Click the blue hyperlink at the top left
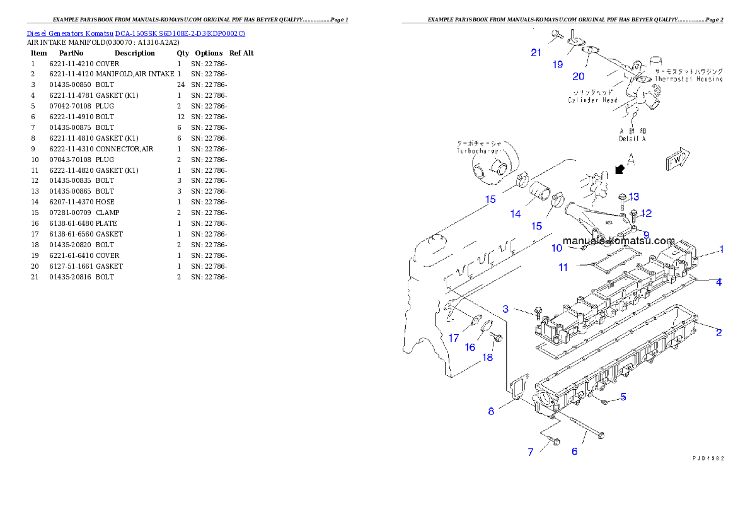[136, 33]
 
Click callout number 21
[536, 53]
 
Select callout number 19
[558, 64]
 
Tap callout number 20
[578, 77]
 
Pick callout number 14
[516, 214]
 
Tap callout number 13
[633, 197]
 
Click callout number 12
[646, 214]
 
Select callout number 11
[563, 267]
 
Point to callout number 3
[505, 309]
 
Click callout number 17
[454, 338]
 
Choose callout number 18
[488, 358]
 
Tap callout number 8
[491, 412]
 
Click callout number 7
[531, 452]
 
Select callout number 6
[574, 452]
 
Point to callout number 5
[623, 397]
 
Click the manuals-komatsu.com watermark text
[618, 241]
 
